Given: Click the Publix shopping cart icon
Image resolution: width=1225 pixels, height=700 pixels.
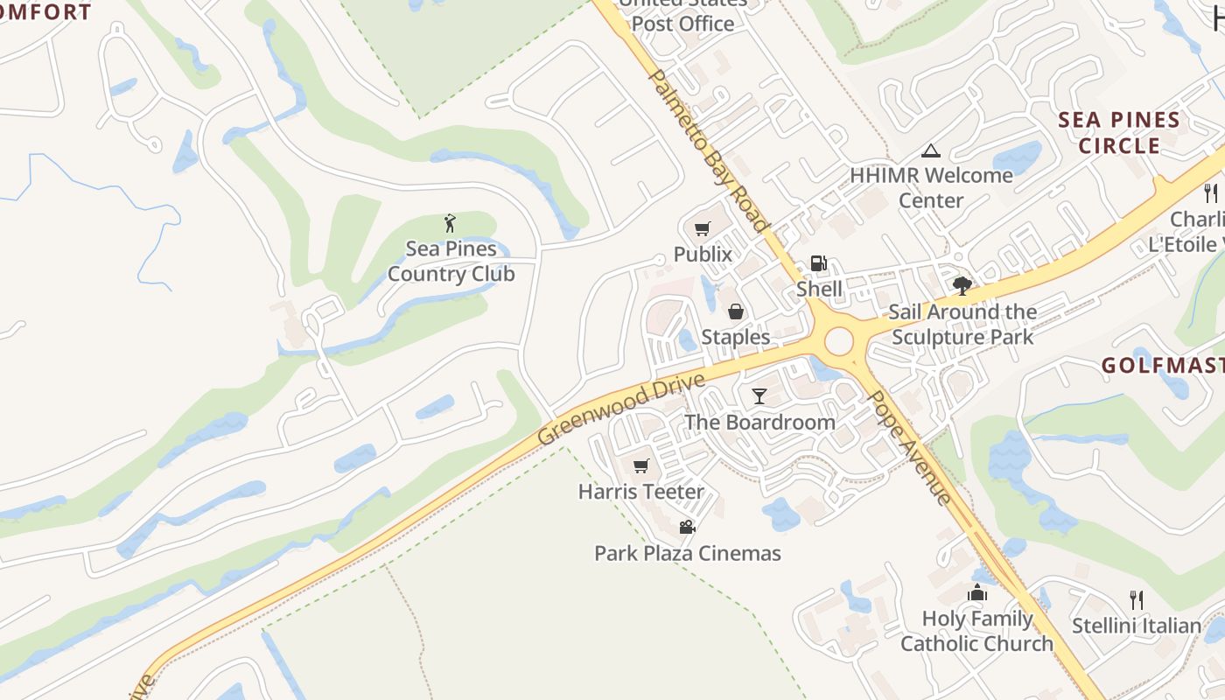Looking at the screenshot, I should point(702,229).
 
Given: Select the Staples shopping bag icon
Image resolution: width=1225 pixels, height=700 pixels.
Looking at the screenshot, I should point(736,311).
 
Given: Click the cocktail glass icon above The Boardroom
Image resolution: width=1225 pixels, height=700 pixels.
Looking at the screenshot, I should point(759,396).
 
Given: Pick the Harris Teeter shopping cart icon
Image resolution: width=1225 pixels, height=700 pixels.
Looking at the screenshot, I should point(641,465).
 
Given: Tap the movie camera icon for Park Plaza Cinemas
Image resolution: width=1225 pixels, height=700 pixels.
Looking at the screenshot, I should point(687,527).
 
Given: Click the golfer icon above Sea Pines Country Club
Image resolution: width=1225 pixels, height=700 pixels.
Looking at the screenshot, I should point(451,223).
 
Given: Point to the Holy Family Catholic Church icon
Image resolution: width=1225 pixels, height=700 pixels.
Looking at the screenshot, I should point(977,593).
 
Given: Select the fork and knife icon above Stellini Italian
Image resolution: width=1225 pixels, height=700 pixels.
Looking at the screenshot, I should point(1136,600).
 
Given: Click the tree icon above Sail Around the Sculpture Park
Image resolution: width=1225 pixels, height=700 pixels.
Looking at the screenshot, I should point(962,285).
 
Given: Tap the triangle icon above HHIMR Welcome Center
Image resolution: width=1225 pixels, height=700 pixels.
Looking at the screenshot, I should point(931,150).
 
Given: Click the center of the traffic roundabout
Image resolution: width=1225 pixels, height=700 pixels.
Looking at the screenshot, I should point(838,341).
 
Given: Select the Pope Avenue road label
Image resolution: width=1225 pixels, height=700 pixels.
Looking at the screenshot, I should point(908,447).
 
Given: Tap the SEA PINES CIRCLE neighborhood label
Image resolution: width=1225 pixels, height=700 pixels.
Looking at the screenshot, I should point(1119,133).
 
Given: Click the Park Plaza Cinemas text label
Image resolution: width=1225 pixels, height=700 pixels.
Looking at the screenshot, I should point(687,553).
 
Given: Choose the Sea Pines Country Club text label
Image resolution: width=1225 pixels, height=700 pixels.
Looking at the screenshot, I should point(451,262).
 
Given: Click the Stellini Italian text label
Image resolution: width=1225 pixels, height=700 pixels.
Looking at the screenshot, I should point(1137,626).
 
